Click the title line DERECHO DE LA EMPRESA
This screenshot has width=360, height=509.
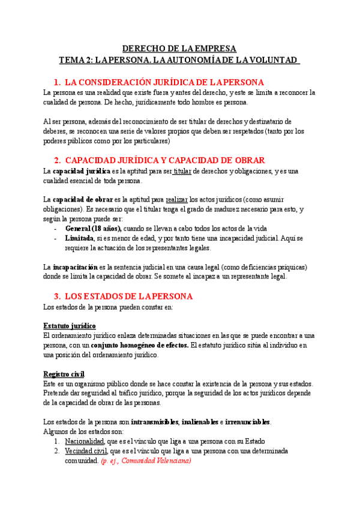click(179, 49)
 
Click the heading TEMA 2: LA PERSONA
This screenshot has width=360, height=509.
click(179, 60)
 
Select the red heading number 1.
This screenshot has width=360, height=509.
click(56, 82)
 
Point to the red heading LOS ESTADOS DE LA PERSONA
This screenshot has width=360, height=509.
click(128, 297)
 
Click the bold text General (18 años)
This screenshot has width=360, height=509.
click(93, 228)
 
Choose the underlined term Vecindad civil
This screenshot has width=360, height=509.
click(86, 451)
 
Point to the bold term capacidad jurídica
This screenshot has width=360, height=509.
click(79, 171)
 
